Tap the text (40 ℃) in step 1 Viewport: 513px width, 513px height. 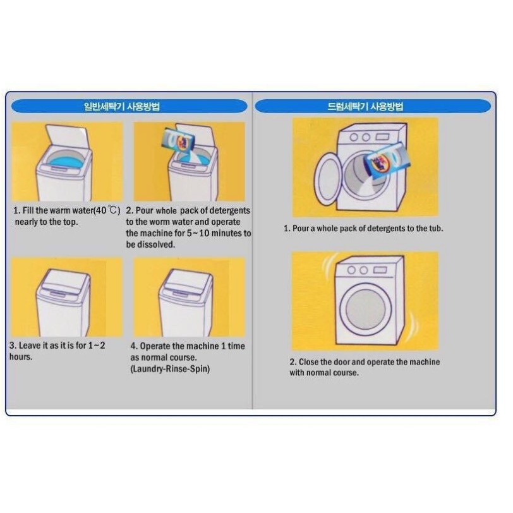(106, 210)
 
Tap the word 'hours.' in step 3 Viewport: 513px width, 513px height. (21, 357)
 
